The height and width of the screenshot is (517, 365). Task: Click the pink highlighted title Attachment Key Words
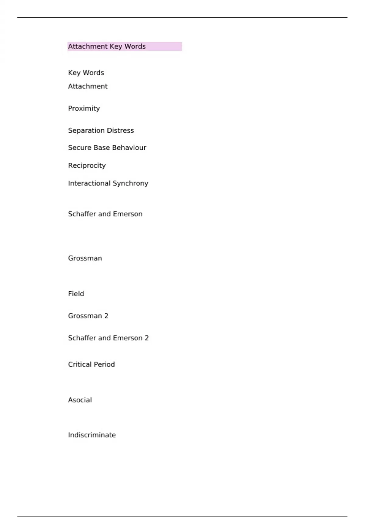pyautogui.click(x=107, y=47)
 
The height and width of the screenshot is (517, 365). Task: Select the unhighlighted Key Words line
pyautogui.click(x=86, y=73)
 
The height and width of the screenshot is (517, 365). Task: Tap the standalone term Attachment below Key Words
pyautogui.click(x=88, y=86)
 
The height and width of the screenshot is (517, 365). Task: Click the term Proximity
pyautogui.click(x=84, y=109)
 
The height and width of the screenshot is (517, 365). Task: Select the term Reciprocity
pyautogui.click(x=87, y=165)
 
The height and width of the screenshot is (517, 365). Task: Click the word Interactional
pyautogui.click(x=89, y=183)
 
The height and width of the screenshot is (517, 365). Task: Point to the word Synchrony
pyautogui.click(x=130, y=183)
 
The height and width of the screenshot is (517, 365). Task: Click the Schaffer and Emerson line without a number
pyautogui.click(x=105, y=214)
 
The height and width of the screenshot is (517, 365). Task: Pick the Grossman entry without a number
pyautogui.click(x=85, y=258)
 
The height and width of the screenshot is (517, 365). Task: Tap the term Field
pyautogui.click(x=76, y=294)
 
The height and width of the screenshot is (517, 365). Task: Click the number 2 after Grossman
pyautogui.click(x=106, y=316)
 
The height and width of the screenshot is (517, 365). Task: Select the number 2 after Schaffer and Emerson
pyautogui.click(x=147, y=338)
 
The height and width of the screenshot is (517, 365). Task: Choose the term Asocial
pyautogui.click(x=80, y=400)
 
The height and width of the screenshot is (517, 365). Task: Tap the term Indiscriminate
pyautogui.click(x=92, y=435)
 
